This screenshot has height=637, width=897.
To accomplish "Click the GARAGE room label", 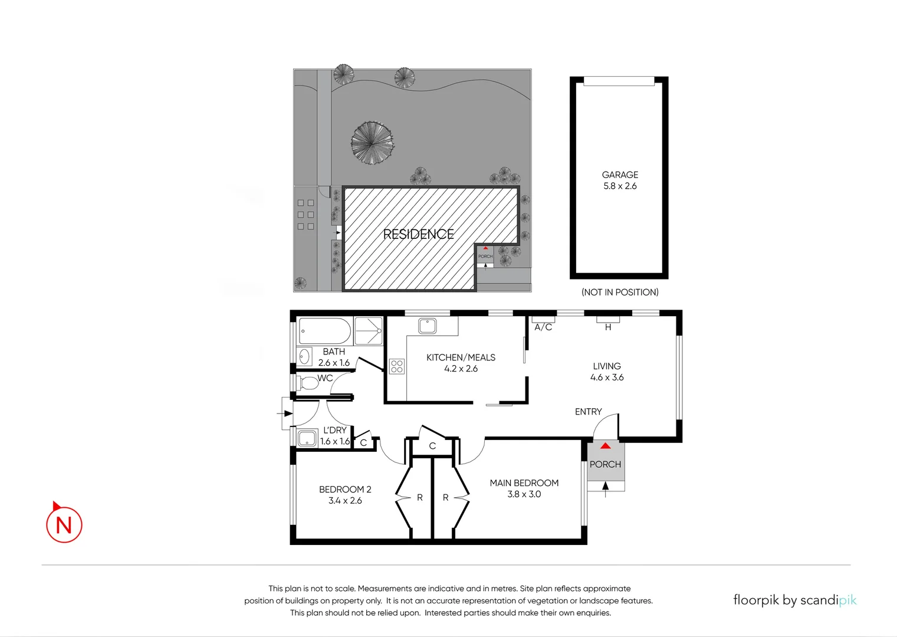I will [x=620, y=175].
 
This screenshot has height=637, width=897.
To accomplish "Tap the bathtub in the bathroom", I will [x=324, y=331].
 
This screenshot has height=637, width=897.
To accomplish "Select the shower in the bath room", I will [x=369, y=331].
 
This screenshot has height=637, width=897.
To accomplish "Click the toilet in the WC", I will [x=308, y=383].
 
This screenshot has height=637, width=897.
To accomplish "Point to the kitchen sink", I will [x=427, y=326].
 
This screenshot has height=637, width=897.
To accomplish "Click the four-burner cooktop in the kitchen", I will [x=397, y=366].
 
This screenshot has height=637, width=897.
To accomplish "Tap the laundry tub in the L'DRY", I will [x=307, y=438].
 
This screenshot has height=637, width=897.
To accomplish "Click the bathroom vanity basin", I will [x=304, y=357].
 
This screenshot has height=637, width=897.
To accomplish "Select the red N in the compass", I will [x=64, y=525].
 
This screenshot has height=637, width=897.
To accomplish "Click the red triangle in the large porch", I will [x=605, y=446].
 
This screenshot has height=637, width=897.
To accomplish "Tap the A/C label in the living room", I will [x=543, y=327].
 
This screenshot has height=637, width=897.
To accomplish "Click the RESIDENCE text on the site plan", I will [x=418, y=234].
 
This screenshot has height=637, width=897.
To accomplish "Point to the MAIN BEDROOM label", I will [x=524, y=483].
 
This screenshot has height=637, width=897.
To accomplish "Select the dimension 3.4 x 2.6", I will [x=345, y=501].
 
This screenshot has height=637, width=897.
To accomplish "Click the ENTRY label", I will [x=588, y=412].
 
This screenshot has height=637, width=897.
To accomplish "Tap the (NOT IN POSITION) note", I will [x=620, y=292].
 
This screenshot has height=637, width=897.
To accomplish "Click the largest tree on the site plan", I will [x=372, y=143].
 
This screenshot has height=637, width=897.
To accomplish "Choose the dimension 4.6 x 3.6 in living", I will [x=607, y=377].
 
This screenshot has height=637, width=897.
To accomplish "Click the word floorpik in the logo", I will [x=755, y=600].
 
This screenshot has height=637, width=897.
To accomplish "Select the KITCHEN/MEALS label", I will [x=461, y=357].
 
